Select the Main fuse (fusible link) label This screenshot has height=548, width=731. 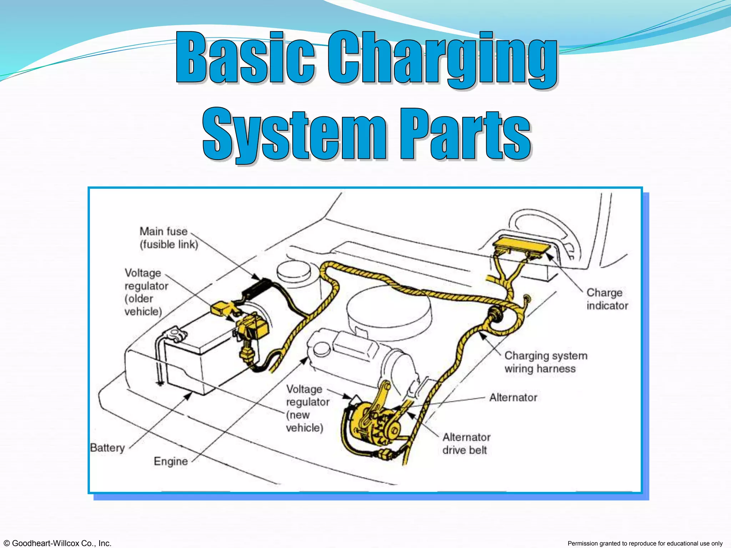tap(168, 238)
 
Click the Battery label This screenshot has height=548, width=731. tap(107, 448)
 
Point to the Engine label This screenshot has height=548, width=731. tap(171, 461)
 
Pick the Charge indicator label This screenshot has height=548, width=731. tap(607, 299)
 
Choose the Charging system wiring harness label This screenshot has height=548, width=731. tap(545, 362)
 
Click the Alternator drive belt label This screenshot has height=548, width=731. tap(466, 443)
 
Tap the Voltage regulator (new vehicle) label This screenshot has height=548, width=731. tap(307, 408)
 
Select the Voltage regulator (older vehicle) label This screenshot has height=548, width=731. tap(146, 292)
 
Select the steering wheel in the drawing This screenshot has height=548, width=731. tap(543, 228)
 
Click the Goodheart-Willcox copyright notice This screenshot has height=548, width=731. tap(56, 543)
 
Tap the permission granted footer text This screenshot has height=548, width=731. tap(645, 543)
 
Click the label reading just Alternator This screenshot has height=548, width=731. tap(513, 397)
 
